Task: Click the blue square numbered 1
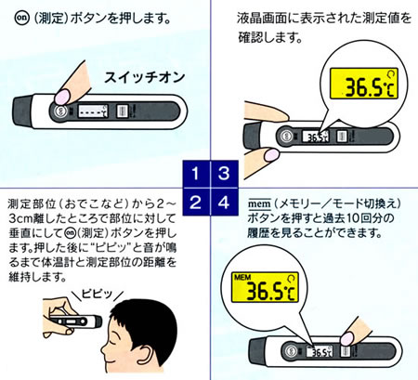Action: click(x=196, y=174)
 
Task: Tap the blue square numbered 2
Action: click(x=196, y=202)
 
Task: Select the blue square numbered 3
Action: click(x=225, y=174)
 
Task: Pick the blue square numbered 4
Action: click(x=225, y=202)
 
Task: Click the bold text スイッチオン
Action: click(x=144, y=77)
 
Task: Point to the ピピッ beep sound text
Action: click(x=97, y=293)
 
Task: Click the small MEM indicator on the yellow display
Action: click(x=242, y=278)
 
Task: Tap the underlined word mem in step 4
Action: click(x=259, y=204)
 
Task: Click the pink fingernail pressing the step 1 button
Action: click(x=62, y=96)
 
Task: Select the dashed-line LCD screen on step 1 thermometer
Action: click(x=92, y=111)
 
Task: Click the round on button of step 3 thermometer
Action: click(x=286, y=137)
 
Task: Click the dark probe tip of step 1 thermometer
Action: click(x=22, y=111)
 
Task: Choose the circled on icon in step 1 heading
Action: click(x=22, y=19)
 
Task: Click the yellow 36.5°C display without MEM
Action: click(x=364, y=84)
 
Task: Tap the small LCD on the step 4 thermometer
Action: click(x=320, y=351)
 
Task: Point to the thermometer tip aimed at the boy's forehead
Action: click(x=98, y=321)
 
